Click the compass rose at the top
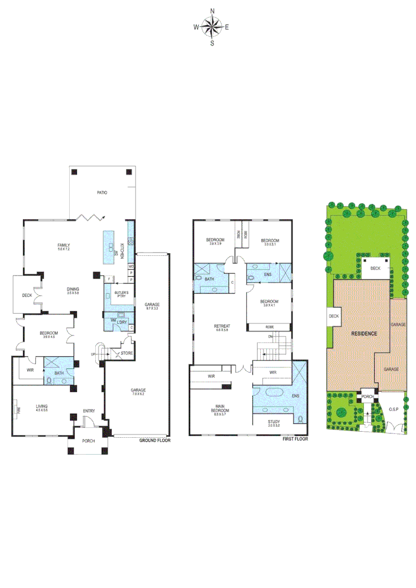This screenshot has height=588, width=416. pos(212,27)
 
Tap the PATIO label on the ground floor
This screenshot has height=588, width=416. pos(102,193)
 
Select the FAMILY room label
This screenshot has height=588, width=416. pos(64,246)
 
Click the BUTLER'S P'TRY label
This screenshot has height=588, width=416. pos(121,294)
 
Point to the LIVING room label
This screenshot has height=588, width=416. pos(42,406)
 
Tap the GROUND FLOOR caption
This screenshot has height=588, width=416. pos(155,440)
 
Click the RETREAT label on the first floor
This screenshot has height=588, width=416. pos(222,327)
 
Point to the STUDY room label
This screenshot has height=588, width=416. pos(274,421)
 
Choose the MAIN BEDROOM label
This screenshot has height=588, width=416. pos(222,408)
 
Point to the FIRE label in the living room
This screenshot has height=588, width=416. pos(18,408)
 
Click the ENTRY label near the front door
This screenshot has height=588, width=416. pos(89,411)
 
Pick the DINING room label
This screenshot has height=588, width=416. pos(73,289)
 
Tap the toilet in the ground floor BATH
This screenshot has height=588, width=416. pos(49,381)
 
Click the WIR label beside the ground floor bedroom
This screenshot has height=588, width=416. pos(24,370)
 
